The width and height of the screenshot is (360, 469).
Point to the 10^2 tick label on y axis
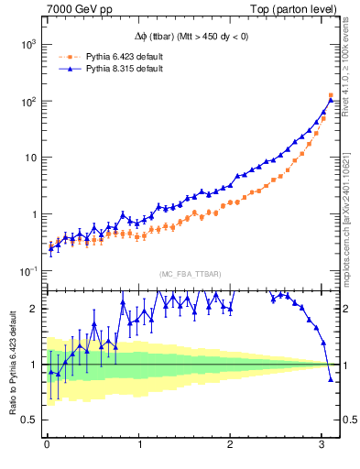coord(27,102)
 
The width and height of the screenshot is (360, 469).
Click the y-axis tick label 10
coord(29,158)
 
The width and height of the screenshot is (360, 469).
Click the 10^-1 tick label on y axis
coord(27,271)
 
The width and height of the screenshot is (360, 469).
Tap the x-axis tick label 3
coord(322,445)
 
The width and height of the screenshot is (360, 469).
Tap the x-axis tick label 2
coord(230,445)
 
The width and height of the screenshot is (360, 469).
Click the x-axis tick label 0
coord(46,445)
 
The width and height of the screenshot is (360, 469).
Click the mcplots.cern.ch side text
coord(351,211)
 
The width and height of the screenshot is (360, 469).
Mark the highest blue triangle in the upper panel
coord(331,94)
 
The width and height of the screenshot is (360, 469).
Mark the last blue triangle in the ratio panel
coord(331,378)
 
